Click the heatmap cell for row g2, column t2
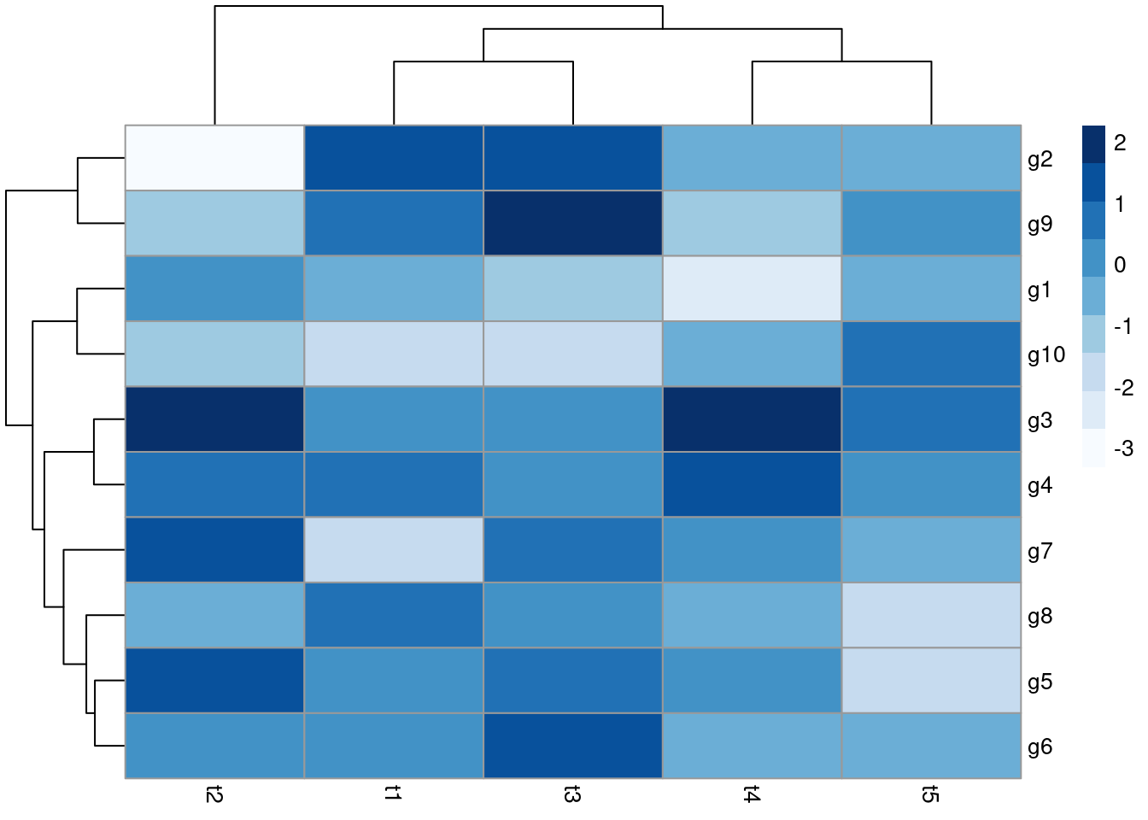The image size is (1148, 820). (x=214, y=158)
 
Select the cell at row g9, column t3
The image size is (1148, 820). (x=572, y=223)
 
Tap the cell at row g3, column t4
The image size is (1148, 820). (x=752, y=419)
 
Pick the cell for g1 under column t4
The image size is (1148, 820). (x=752, y=289)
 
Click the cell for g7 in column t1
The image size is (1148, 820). (x=394, y=550)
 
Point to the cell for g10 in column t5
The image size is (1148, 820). (x=931, y=354)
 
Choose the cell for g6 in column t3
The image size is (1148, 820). (x=572, y=746)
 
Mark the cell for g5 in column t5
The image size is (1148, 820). (x=931, y=681)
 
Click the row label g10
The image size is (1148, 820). (x=1045, y=354)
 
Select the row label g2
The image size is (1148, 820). (x=1040, y=159)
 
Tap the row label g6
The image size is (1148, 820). (x=1040, y=747)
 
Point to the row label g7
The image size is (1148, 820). (x=1040, y=551)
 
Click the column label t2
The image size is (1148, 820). (x=214, y=795)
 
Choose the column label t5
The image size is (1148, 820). (x=931, y=795)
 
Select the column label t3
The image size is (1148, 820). (x=572, y=795)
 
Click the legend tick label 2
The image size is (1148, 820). (x=1120, y=143)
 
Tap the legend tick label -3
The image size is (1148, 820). (x=1123, y=448)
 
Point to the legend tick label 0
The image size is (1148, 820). (x=1120, y=265)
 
